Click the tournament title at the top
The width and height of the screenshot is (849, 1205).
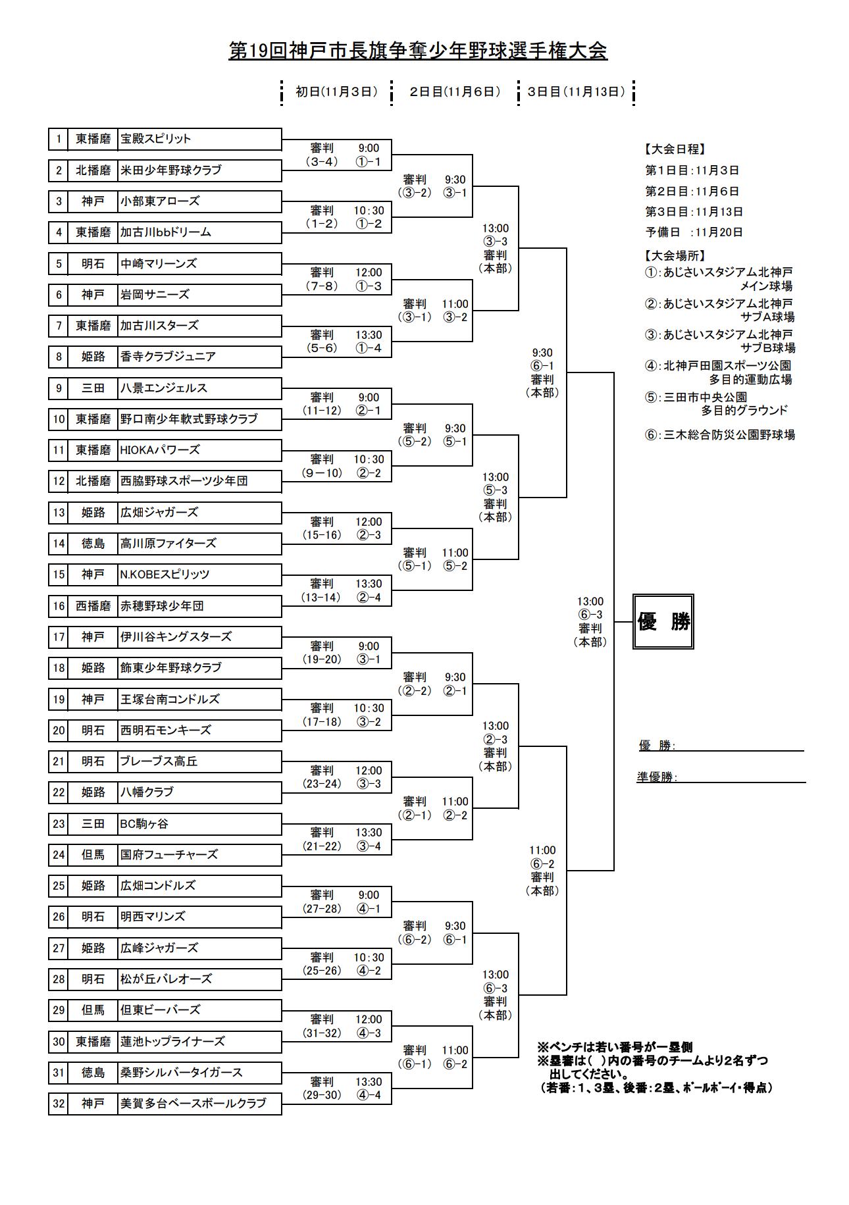coord(418,51)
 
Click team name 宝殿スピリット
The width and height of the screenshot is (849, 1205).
coord(156,139)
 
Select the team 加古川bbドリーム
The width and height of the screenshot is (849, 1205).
coord(166,232)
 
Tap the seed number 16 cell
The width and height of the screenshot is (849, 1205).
coord(59,606)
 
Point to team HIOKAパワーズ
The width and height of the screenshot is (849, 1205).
coord(160,450)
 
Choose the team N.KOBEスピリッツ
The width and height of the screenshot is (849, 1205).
coord(165,575)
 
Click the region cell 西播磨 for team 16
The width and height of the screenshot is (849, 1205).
coord(93,606)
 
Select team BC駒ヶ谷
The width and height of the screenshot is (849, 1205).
coord(144,824)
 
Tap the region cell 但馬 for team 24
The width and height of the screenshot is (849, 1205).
coord(93,855)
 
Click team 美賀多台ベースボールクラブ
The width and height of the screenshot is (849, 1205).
coord(193,1104)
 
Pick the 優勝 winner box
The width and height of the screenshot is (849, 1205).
coord(663,622)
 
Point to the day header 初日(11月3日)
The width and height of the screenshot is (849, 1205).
coord(336,92)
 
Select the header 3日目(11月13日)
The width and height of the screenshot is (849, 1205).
coord(577,92)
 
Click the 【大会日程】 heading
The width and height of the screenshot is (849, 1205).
coord(675,149)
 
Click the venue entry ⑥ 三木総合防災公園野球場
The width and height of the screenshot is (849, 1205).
coord(720,435)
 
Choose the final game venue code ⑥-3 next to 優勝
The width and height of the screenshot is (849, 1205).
coord(590,615)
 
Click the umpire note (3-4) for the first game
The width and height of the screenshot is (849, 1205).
coord(322,162)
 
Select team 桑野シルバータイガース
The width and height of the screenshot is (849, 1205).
coord(182,1073)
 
